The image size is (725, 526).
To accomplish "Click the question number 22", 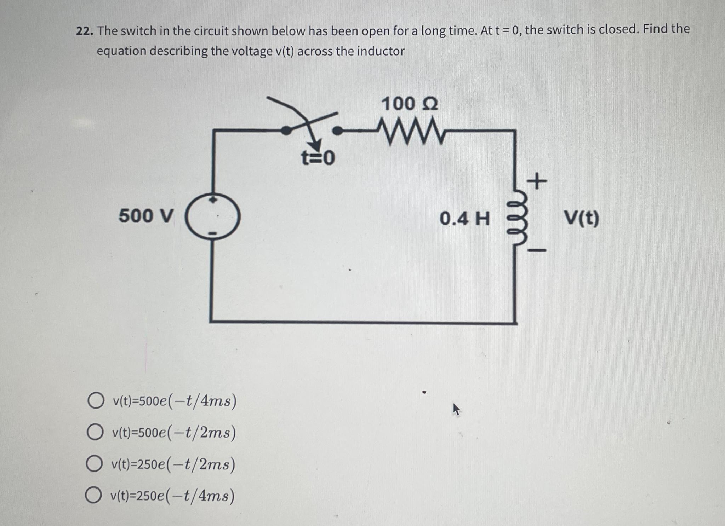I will pyautogui.click(x=84, y=31).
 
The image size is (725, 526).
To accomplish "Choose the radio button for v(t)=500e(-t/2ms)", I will pyautogui.click(x=95, y=432).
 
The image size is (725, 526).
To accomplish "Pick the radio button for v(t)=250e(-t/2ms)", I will pyautogui.click(x=94, y=464).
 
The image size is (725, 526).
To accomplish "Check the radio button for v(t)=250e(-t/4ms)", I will pyautogui.click(x=93, y=495).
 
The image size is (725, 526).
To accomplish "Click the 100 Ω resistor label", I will pyautogui.click(x=409, y=104).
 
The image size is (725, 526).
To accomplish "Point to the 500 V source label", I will pyautogui.click(x=146, y=216).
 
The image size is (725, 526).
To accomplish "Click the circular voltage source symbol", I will pyautogui.click(x=213, y=216).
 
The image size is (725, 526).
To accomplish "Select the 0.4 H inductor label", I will pyautogui.click(x=464, y=218).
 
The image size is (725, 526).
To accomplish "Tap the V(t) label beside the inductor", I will pyautogui.click(x=581, y=218).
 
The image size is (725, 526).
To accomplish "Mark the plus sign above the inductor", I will pyautogui.click(x=537, y=181).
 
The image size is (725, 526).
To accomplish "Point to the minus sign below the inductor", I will pyautogui.click(x=537, y=250).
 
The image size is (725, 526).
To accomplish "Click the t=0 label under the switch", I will pyautogui.click(x=318, y=158).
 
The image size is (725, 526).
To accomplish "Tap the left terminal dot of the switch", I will pyautogui.click(x=286, y=131).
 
